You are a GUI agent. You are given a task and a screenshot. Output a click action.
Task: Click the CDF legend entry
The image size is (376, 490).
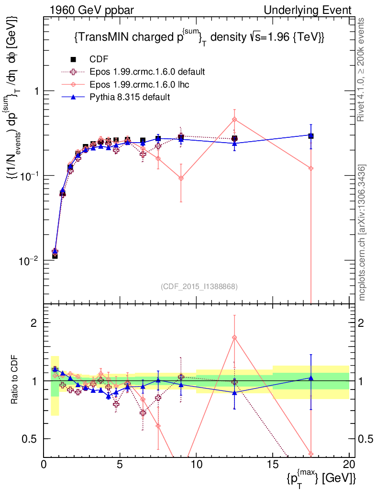(x=99, y=59)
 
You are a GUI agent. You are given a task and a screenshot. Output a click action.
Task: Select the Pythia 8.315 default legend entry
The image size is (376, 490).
(x=130, y=97)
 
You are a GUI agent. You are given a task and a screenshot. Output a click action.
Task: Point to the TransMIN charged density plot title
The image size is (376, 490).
(x=199, y=37)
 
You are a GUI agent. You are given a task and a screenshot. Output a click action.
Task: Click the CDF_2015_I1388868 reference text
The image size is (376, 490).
(x=199, y=286)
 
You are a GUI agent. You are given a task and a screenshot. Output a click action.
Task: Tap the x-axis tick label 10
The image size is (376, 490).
(x=196, y=465)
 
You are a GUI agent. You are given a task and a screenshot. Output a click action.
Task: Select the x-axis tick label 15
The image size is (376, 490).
(x=273, y=465)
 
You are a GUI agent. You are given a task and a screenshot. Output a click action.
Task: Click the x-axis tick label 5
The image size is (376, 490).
(x=120, y=465)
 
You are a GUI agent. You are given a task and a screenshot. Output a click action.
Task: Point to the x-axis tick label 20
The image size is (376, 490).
(x=349, y=465)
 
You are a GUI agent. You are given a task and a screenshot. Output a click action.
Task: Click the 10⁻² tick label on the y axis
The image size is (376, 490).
(x=30, y=261)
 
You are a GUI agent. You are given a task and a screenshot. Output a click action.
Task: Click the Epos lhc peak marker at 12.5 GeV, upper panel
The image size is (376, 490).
(x=234, y=119)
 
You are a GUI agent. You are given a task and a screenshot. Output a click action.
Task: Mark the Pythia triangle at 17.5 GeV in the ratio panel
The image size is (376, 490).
(x=311, y=378)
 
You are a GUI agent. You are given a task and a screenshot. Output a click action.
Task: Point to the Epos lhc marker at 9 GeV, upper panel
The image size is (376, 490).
(x=181, y=178)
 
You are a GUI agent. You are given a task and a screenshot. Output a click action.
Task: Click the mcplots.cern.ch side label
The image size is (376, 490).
(x=363, y=233)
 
